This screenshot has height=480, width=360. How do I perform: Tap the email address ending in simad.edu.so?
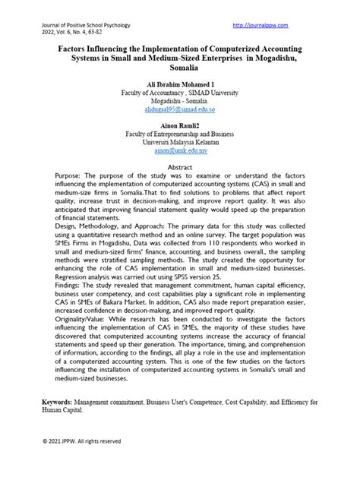[x=180, y=109]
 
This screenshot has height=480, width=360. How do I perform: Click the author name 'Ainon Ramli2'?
[x=180, y=123]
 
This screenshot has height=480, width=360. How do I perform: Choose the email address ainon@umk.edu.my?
[x=180, y=151]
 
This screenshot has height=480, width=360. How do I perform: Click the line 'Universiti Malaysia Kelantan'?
[x=180, y=141]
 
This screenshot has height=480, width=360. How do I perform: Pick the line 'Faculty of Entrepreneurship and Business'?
[x=180, y=132]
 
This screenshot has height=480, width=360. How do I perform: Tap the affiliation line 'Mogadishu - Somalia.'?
[x=180, y=100]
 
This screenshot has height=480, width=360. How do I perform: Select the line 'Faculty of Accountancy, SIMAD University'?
[x=180, y=91]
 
